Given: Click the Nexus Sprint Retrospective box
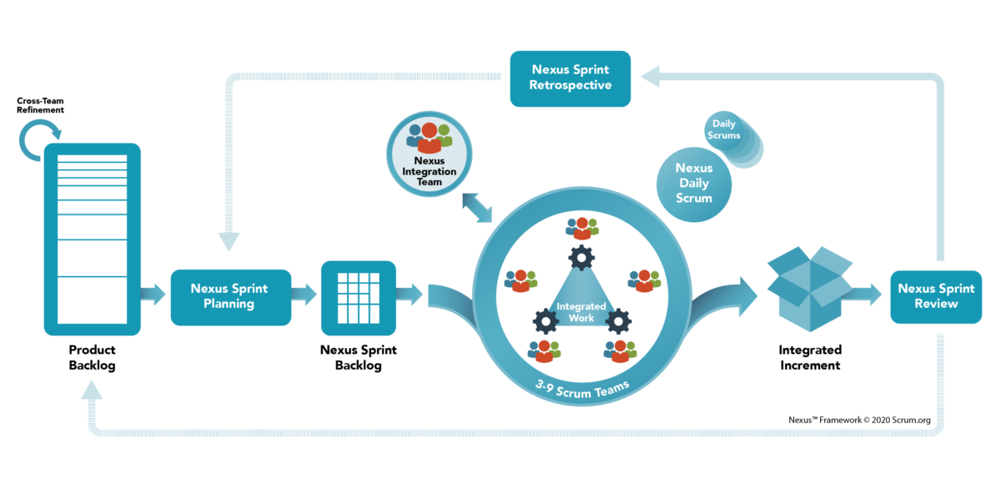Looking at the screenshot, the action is [571, 78].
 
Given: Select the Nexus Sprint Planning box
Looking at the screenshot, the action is [230, 297].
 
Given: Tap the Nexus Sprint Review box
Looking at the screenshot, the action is [936, 297].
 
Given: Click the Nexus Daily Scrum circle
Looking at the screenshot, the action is [693, 184].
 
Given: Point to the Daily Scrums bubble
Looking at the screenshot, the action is [724, 129].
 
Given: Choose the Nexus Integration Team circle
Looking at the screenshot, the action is [429, 154].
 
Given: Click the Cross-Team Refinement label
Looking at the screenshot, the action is [40, 105].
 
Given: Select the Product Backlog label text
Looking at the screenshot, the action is [92, 357].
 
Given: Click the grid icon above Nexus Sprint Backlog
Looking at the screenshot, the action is [359, 298].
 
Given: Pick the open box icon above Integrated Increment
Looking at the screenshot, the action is [810, 289].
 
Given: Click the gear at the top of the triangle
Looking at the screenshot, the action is [581, 257].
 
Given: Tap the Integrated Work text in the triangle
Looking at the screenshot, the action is [581, 312].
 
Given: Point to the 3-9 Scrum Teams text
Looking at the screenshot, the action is [582, 390].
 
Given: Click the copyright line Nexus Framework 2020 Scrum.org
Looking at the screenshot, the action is [859, 420].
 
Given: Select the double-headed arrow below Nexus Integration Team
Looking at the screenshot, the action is [477, 207].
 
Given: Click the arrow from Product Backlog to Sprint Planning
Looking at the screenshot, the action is [153, 294].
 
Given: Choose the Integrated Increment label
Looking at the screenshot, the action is [810, 357].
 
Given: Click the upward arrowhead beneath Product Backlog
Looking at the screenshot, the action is [92, 390].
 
